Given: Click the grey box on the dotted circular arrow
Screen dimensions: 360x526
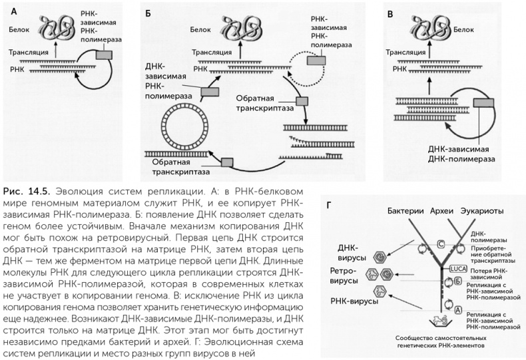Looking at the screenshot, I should pos(316,61).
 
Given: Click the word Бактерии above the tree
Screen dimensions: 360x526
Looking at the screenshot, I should pos(407,211).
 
